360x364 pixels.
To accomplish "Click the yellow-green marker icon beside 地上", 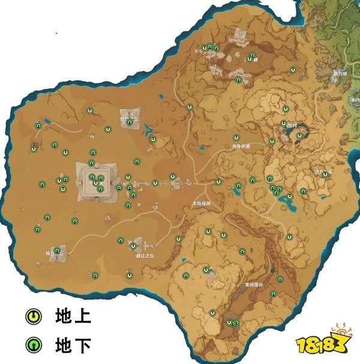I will click(x=33, y=315).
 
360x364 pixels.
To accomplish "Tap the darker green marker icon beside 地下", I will click(x=33, y=344).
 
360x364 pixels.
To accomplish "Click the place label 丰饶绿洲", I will click(x=201, y=204).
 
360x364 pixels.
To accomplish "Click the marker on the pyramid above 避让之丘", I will click(x=133, y=246).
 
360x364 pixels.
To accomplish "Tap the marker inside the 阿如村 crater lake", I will click(x=299, y=136).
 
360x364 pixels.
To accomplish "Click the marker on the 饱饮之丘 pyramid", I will click(x=129, y=122).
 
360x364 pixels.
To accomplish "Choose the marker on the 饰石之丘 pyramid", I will click(x=57, y=250).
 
